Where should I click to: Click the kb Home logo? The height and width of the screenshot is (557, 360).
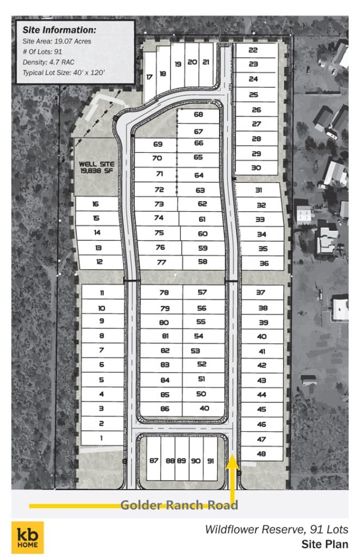(x=28, y=537)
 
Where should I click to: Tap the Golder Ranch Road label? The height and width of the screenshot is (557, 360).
(x=179, y=505)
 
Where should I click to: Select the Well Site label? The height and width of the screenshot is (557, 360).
(x=97, y=168)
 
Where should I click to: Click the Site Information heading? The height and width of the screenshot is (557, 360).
(x=59, y=30)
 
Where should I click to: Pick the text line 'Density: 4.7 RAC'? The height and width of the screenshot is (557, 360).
(x=48, y=62)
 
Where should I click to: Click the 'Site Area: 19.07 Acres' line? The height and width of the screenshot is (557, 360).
(x=57, y=41)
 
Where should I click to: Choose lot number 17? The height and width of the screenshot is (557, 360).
(x=150, y=77)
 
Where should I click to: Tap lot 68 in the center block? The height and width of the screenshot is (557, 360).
(x=198, y=114)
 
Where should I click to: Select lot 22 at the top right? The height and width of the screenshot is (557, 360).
(x=253, y=50)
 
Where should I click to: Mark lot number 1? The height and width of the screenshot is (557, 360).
(x=102, y=438)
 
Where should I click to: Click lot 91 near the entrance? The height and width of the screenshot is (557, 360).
(x=210, y=461)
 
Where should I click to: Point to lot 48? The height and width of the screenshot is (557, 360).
(x=262, y=454)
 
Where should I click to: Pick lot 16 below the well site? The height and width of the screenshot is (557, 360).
(x=96, y=204)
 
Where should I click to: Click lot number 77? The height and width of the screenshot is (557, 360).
(x=162, y=262)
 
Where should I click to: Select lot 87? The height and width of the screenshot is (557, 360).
(x=154, y=461)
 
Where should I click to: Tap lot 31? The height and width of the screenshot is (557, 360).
(x=259, y=190)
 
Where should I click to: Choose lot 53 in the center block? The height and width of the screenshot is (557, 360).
(x=195, y=351)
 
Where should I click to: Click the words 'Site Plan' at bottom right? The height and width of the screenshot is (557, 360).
(x=325, y=544)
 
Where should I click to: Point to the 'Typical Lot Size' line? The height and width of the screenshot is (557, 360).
(x=64, y=73)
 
